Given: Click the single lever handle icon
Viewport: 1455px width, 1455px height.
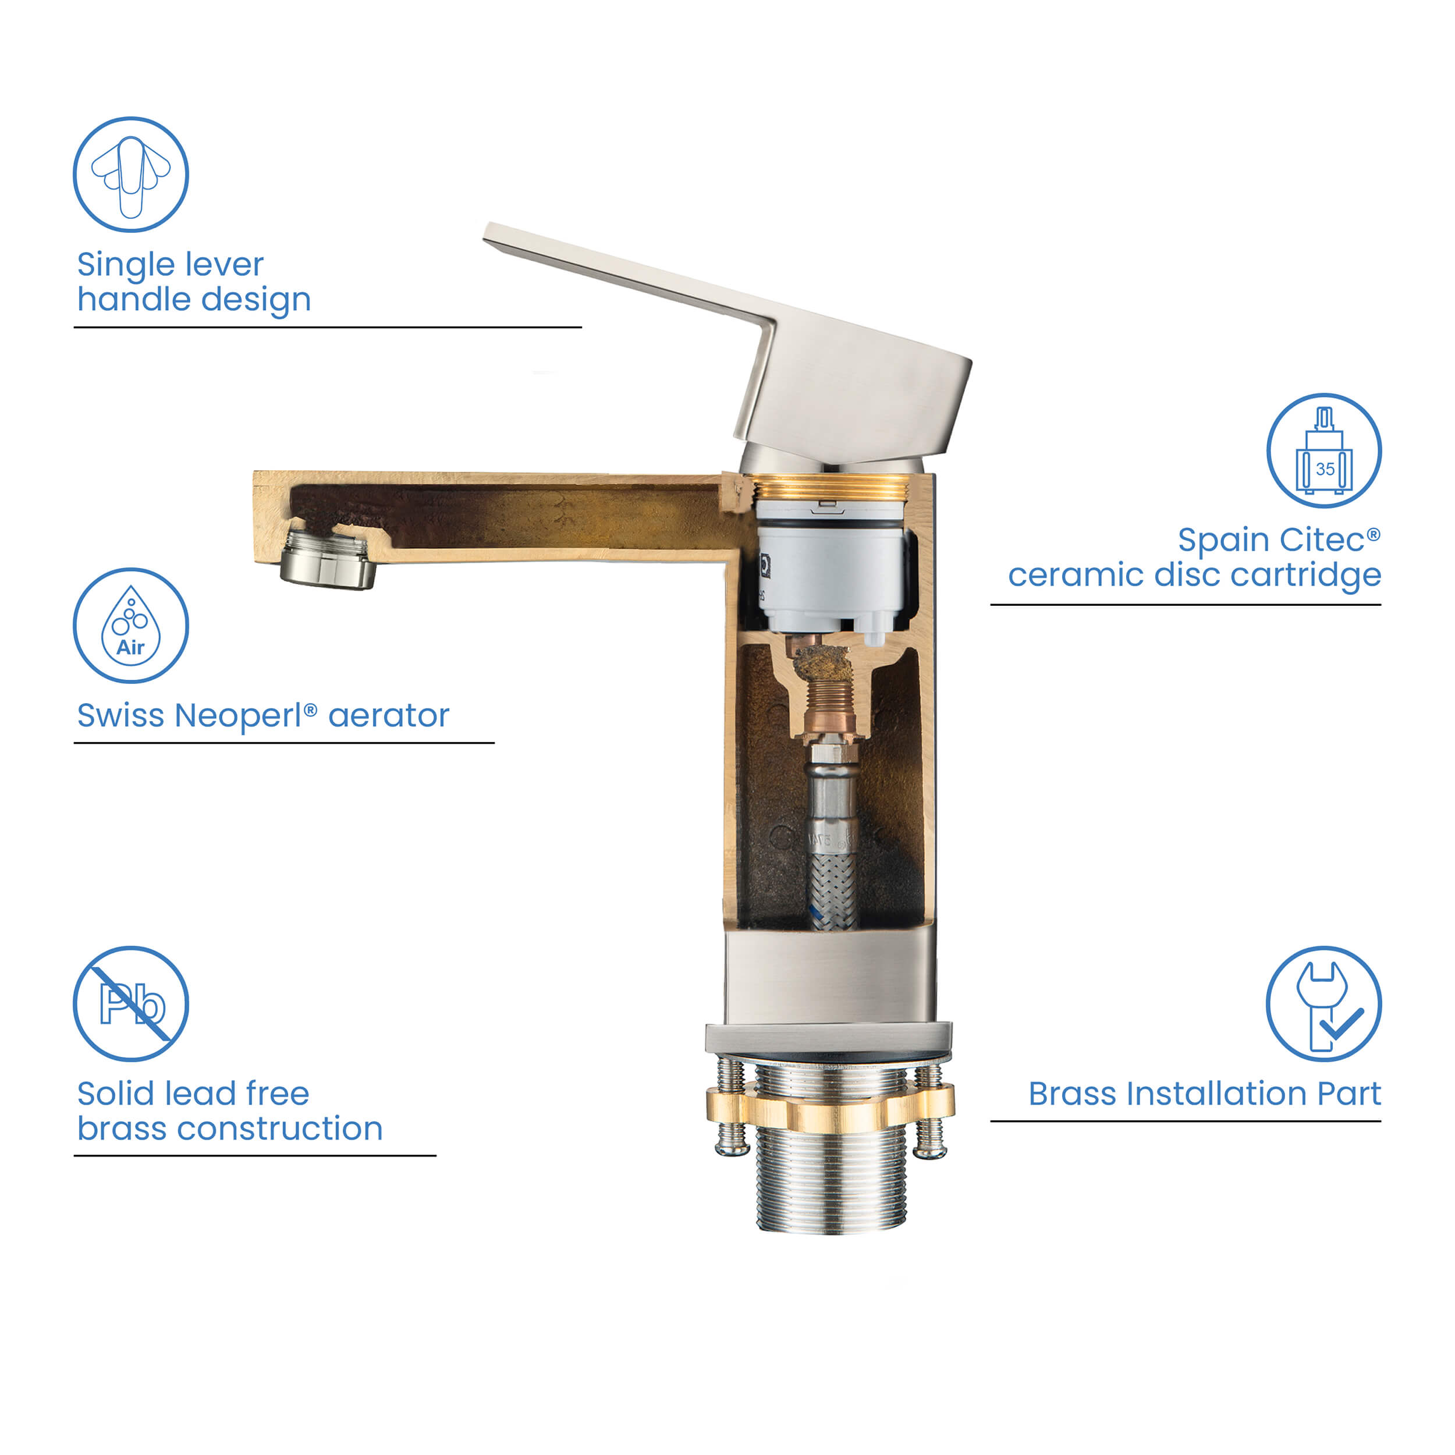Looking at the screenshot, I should click(130, 175).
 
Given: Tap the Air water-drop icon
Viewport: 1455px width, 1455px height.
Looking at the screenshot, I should click(130, 626).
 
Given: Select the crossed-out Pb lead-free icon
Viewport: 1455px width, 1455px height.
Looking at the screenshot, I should click(130, 1004).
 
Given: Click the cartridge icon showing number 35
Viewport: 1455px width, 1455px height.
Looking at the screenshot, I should click(1323, 450).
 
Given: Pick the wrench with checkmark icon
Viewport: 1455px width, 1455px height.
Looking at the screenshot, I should click(1323, 1004).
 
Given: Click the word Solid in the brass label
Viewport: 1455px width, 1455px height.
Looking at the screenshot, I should click(115, 1094).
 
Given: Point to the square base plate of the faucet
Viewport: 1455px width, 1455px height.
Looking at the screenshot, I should click(828, 1038).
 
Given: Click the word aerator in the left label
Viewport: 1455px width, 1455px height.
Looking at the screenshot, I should click(389, 715).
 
